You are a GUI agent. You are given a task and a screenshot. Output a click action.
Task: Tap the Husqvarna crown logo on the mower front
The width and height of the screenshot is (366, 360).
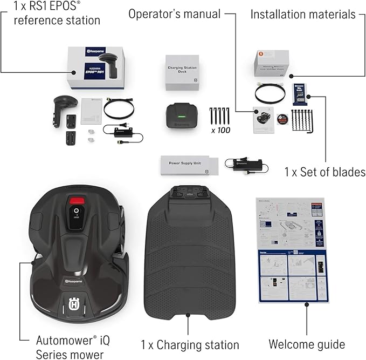[x=73, y=304]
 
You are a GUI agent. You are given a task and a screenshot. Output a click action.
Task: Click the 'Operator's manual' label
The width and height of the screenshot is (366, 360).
[x=175, y=13]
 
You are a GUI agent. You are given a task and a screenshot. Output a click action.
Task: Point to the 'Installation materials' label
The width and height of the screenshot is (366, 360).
[x=303, y=14]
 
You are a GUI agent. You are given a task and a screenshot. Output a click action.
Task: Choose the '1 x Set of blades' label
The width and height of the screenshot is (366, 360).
[x=325, y=172]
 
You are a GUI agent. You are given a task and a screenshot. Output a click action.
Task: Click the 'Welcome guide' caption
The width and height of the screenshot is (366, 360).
[x=307, y=344]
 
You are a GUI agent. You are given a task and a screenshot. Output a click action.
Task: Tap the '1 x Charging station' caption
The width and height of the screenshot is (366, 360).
[x=190, y=344]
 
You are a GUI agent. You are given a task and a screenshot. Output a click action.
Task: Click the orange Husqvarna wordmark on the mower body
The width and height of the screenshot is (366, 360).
[x=78, y=281]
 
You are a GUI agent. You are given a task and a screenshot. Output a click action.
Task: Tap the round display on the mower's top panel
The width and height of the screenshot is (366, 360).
[x=77, y=212]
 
